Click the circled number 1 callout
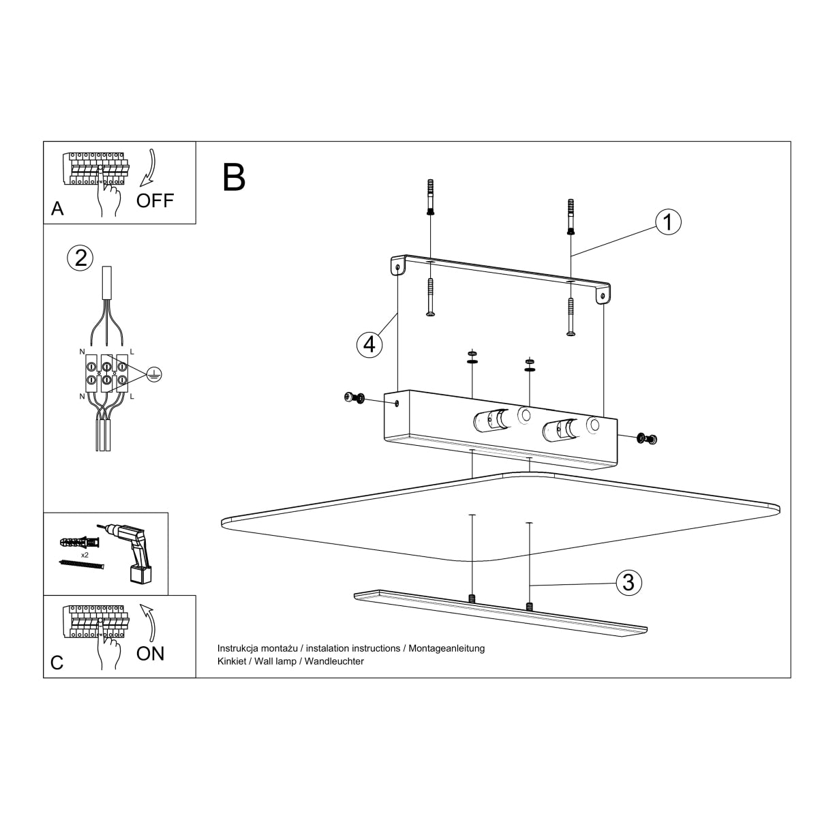(x=668, y=222)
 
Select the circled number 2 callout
(x=80, y=258)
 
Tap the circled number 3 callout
(x=628, y=583)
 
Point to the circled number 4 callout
(x=369, y=344)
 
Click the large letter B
(x=234, y=177)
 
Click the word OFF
(x=155, y=200)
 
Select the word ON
(x=150, y=653)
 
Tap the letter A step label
(x=58, y=209)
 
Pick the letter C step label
(x=57, y=662)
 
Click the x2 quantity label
(x=85, y=556)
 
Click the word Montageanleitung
(x=446, y=648)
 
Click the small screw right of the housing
(x=646, y=438)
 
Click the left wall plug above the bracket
(x=429, y=198)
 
